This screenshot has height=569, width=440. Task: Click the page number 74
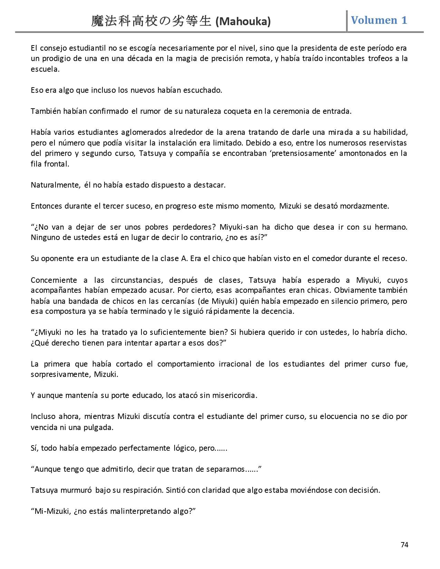point(404,545)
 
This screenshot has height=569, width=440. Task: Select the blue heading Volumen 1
point(379,20)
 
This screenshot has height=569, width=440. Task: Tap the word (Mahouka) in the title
point(243,22)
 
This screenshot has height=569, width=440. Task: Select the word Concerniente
point(53,280)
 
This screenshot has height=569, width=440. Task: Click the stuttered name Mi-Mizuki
point(52,511)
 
